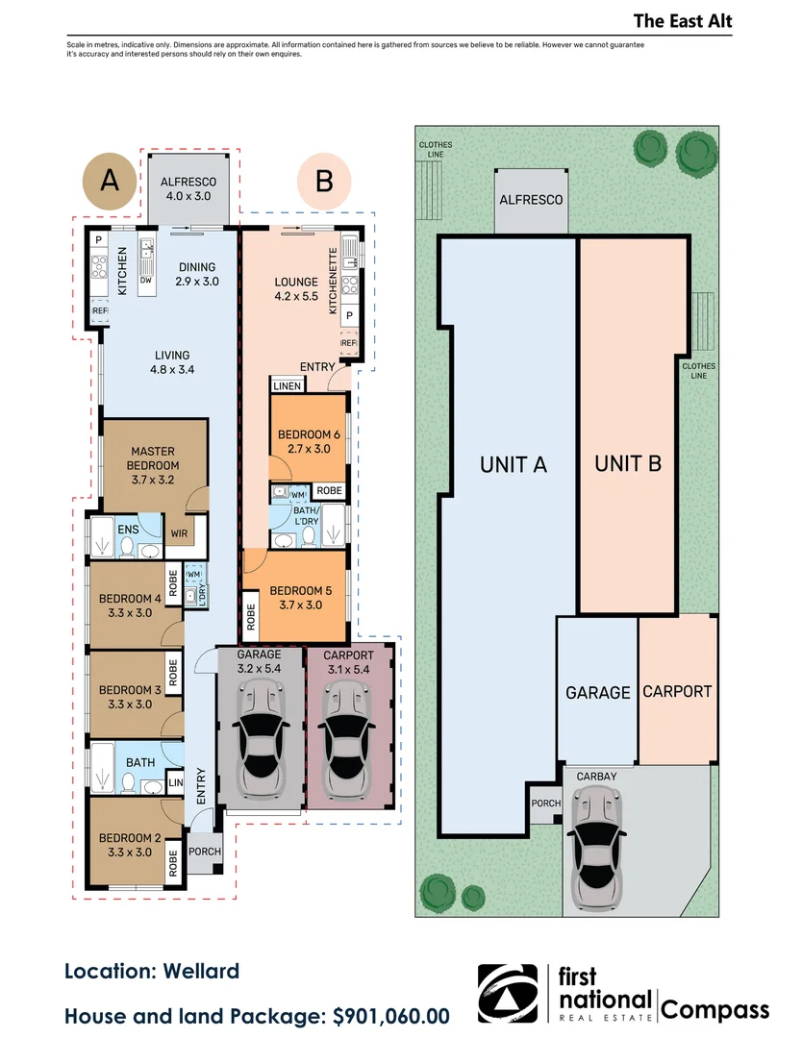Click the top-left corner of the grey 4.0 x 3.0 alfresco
(148, 154)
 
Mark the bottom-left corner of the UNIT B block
(579, 613)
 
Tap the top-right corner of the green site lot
(719, 126)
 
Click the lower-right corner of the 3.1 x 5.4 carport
(394, 809)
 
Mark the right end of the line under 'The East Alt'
(733, 36)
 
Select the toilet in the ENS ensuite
(127, 547)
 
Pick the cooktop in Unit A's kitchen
(99, 266)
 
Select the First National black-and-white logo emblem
(508, 994)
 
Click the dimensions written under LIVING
(172, 370)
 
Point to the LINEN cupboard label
(287, 386)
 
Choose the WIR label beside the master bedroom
(179, 533)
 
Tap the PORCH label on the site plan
(545, 803)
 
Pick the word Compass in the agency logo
(714, 1010)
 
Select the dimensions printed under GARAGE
(259, 669)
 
